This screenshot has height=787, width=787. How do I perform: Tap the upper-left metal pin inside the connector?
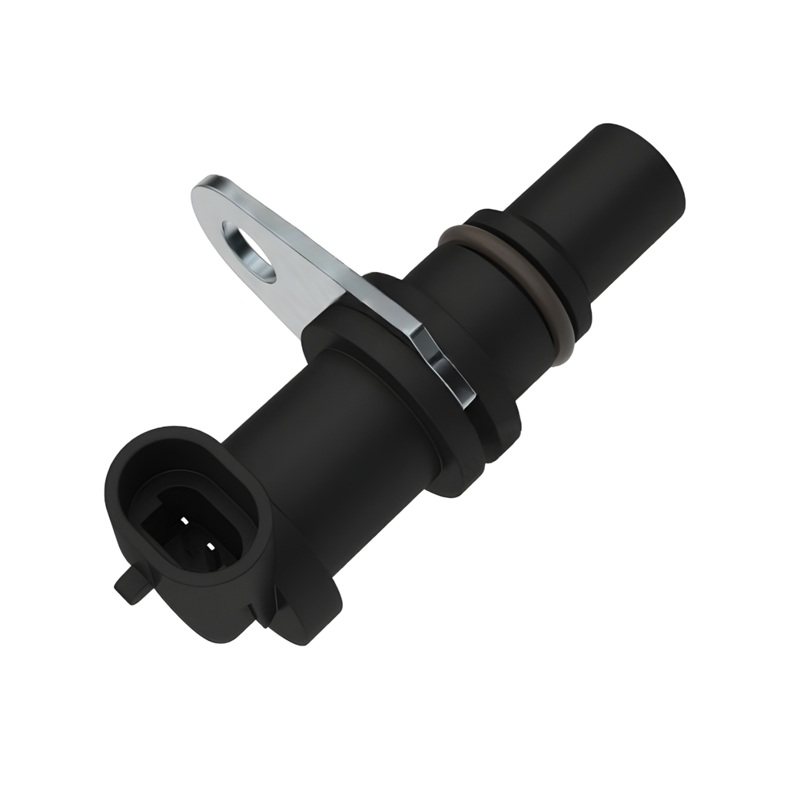click(184, 522)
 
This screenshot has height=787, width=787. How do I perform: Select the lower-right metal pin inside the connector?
click(211, 547)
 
